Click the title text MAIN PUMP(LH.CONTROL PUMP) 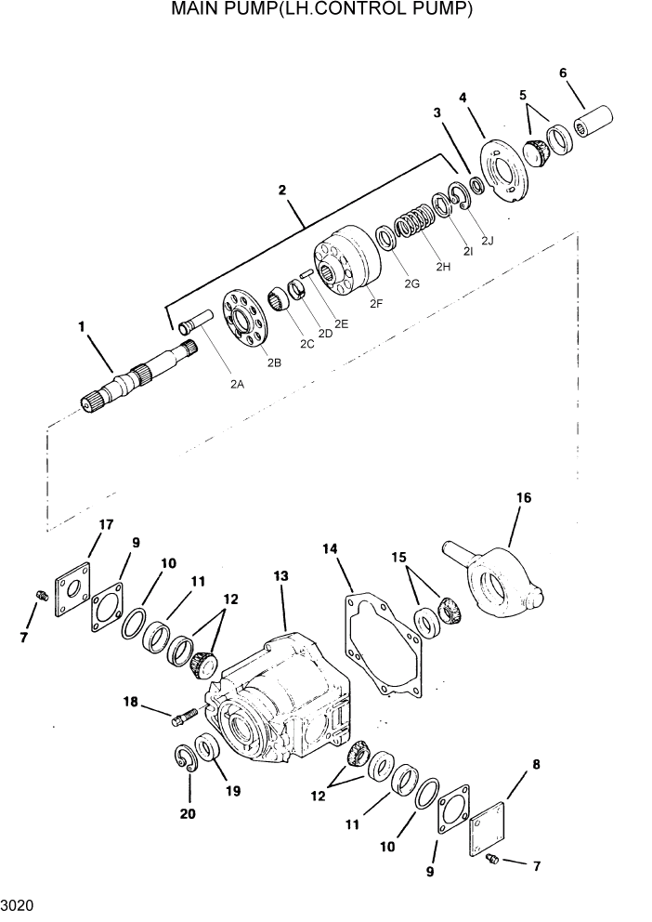pos(322,10)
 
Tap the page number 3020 pos(17,904)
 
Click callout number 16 pos(524,499)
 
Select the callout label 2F pos(375,303)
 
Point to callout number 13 pos(281,577)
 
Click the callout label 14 pos(329,549)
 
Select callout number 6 pos(562,72)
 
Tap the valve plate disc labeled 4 pos(503,169)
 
